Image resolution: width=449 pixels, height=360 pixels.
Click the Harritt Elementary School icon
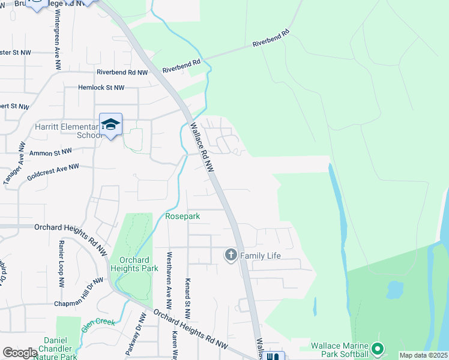pos(111,124)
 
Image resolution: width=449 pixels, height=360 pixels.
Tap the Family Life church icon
pos(231,256)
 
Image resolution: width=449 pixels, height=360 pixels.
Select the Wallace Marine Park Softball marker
pos(377,348)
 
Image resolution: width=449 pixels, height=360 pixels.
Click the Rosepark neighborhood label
pos(182,215)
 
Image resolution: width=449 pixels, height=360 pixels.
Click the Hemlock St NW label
pos(101,88)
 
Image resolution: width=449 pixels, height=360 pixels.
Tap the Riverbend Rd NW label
pos(122,73)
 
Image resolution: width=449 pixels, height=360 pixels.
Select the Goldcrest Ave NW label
pos(53,172)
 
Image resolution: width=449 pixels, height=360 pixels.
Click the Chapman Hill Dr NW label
pos(79,291)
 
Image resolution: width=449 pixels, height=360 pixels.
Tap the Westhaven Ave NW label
pos(170,280)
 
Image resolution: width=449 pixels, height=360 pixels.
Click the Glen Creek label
pos(98,325)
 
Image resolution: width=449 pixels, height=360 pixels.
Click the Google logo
pos(20,353)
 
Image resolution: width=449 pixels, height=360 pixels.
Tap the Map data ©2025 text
pos(423,355)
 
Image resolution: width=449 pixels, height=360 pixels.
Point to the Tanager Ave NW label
pos(15,163)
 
